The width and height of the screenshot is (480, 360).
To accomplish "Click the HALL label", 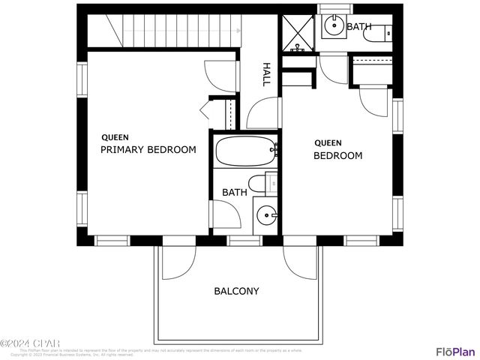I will pyautogui.click(x=265, y=74).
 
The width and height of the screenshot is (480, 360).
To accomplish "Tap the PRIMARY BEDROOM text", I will pyautogui.click(x=148, y=150).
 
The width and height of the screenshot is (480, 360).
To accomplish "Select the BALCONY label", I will pyautogui.click(x=236, y=291).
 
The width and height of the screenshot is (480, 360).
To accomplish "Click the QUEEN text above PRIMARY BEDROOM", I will pyautogui.click(x=115, y=137).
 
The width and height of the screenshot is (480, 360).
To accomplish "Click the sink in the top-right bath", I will pyautogui.click(x=333, y=27).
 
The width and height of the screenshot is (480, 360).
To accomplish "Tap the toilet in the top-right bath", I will pyautogui.click(x=385, y=32).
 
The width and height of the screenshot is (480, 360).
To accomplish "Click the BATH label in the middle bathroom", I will pyautogui.click(x=234, y=193).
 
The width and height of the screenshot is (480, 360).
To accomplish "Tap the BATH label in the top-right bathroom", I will pyautogui.click(x=358, y=26).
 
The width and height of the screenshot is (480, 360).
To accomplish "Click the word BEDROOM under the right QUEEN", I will pyautogui.click(x=337, y=156).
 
